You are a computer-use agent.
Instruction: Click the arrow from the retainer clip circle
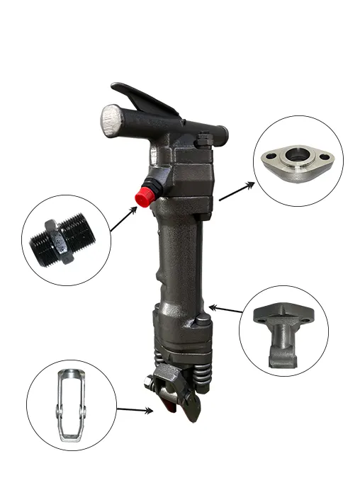click(x=135, y=409)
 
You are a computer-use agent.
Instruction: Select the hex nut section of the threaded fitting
click(x=50, y=241)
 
